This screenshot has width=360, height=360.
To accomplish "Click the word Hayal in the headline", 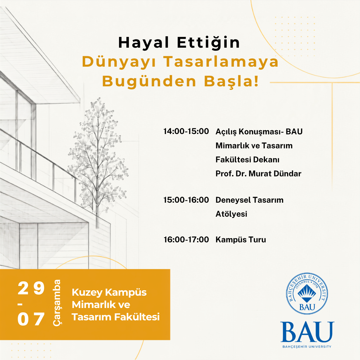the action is [x=143, y=43].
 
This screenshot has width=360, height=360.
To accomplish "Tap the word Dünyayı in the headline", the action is [x=119, y=62].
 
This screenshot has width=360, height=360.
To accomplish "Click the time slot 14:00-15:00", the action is [x=186, y=131].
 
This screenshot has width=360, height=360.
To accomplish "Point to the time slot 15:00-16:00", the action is [x=186, y=200].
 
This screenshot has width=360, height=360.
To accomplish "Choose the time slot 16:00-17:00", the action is [x=186, y=240].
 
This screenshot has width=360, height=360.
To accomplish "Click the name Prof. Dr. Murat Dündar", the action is [x=258, y=174].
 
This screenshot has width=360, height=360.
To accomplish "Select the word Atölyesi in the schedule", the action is [x=231, y=214].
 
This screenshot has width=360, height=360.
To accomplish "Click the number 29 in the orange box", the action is [x=31, y=288].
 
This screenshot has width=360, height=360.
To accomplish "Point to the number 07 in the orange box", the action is [x=31, y=319].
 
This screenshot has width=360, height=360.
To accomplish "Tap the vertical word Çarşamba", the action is [x=57, y=302].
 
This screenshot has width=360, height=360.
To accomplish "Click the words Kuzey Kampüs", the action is [x=109, y=293].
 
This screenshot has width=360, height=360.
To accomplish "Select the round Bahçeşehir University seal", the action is [x=307, y=294].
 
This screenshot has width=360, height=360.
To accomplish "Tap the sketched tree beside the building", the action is [x=98, y=161].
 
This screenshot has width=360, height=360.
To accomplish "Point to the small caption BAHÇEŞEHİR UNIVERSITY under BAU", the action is [x=307, y=346].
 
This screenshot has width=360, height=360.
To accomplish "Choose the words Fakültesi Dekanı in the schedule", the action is [x=247, y=160].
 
